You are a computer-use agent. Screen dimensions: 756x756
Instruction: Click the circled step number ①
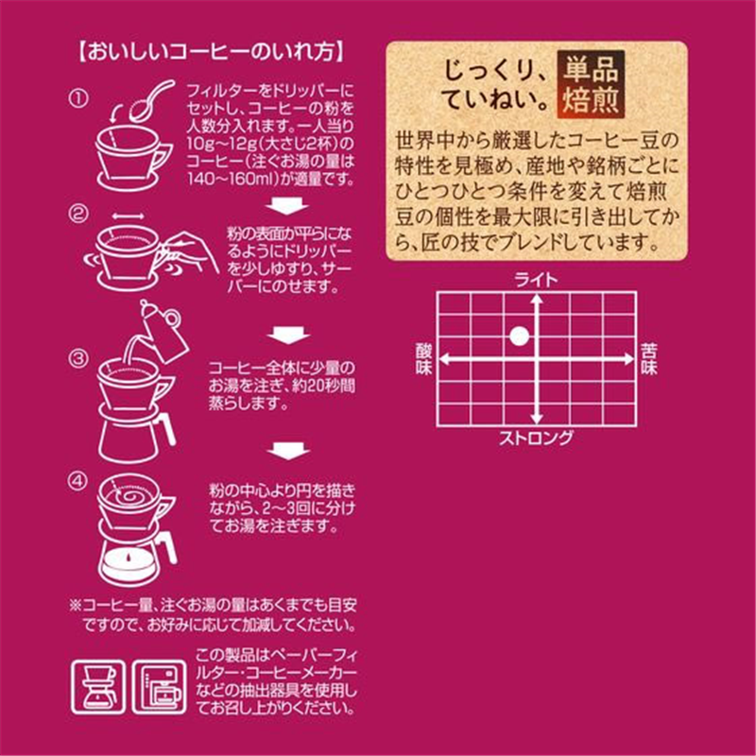tap(78, 99)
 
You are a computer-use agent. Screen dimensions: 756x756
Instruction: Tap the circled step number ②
tap(78, 214)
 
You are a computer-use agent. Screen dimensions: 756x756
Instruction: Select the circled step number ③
tap(78, 358)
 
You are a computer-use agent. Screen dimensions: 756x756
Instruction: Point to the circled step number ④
tap(78, 481)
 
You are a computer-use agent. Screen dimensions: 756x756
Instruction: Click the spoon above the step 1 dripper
tap(151, 101)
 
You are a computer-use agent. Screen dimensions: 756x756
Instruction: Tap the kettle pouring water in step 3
tap(159, 330)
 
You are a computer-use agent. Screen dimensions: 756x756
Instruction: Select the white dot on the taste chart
tap(519, 336)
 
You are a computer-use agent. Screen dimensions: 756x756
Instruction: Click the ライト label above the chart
tap(536, 281)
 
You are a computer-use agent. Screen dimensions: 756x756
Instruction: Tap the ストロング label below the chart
tap(536, 438)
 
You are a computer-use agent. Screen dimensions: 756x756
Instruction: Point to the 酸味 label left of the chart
tap(424, 359)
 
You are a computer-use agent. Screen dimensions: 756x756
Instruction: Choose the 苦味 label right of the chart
tap(649, 359)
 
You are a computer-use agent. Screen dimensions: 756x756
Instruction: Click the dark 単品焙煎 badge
tap(591, 85)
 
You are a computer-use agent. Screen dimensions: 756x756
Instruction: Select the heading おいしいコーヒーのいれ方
tap(212, 52)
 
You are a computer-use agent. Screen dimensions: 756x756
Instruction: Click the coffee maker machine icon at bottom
tap(159, 687)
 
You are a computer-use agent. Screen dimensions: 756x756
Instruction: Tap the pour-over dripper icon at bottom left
tap(98, 687)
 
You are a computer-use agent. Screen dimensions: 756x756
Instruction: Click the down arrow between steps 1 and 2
tap(288, 206)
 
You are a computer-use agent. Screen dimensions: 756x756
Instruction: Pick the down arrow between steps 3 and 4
tap(288, 452)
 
